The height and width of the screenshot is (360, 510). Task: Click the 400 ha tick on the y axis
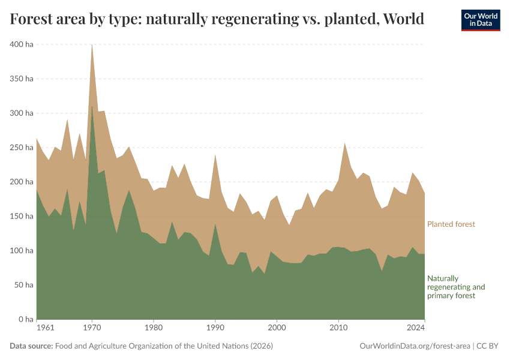click(x=21, y=44)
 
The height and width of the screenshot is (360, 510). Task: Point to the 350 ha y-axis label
click(x=21, y=79)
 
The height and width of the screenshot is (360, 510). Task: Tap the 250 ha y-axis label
click(x=21, y=148)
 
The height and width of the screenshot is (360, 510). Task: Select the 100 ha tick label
click(x=21, y=250)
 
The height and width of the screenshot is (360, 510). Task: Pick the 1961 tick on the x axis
click(x=44, y=328)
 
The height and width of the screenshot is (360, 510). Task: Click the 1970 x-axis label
click(x=92, y=328)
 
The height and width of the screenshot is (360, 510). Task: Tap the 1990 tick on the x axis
click(x=215, y=328)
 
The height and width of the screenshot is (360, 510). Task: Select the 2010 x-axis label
click(x=338, y=328)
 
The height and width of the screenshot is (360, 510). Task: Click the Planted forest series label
click(x=451, y=224)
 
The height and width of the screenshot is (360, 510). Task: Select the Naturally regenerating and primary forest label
click(x=455, y=287)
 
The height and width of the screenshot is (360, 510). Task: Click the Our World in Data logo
click(x=480, y=20)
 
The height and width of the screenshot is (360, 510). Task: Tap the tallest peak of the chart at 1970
click(x=92, y=45)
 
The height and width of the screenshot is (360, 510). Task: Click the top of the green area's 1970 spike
click(x=92, y=107)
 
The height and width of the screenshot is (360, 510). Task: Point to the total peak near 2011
click(x=344, y=143)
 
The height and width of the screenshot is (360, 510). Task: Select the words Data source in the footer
click(x=31, y=346)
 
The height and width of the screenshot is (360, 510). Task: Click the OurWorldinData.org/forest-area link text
click(x=414, y=346)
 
